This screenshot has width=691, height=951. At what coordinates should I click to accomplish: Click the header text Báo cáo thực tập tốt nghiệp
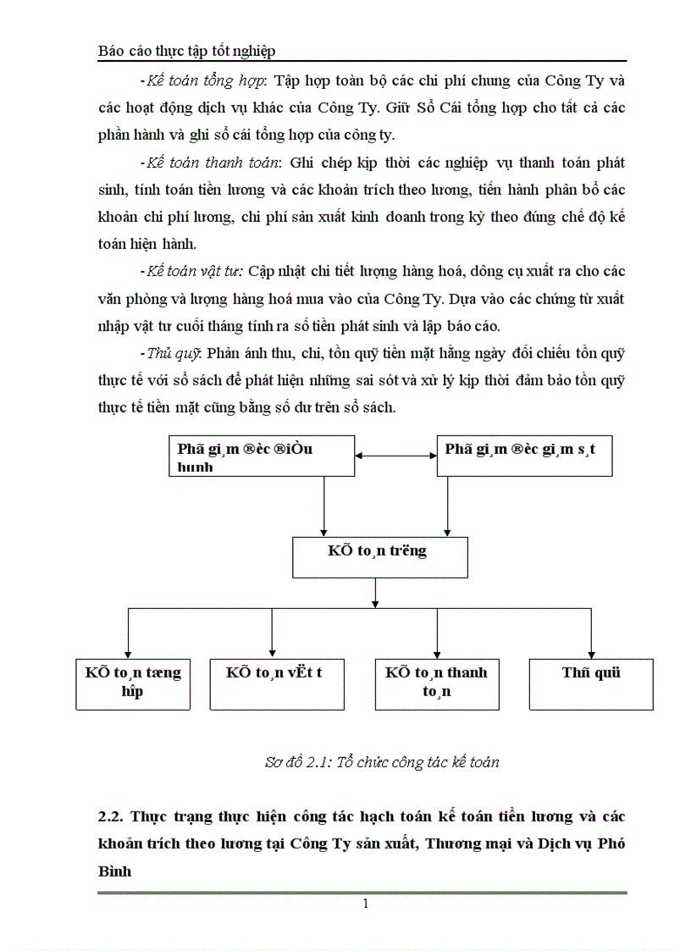(x=187, y=52)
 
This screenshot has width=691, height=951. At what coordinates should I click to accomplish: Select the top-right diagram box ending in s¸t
(x=524, y=456)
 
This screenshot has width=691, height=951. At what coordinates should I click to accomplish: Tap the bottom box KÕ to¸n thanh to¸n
(x=436, y=683)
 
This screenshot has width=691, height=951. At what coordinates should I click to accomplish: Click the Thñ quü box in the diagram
(x=591, y=683)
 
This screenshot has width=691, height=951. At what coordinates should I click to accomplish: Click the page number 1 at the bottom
(x=365, y=904)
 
